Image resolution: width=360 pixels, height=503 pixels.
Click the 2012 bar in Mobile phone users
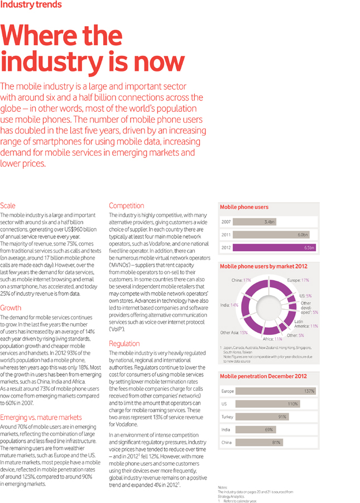(275, 247)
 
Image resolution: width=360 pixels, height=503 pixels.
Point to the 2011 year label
(225, 234)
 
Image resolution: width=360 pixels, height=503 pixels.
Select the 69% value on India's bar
(268, 429)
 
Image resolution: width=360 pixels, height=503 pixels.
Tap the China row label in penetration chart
(227, 442)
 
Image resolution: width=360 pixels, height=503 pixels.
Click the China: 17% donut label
(241, 280)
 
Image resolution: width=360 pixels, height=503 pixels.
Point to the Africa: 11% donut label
(272, 338)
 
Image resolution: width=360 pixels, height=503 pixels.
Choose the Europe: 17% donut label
(297, 280)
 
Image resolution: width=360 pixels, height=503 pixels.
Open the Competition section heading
(126, 205)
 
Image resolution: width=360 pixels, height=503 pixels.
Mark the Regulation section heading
(124, 343)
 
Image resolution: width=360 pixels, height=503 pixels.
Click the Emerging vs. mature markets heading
(41, 417)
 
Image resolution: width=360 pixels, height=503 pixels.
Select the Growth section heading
(11, 308)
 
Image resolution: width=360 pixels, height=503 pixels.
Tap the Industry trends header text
(31, 4)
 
